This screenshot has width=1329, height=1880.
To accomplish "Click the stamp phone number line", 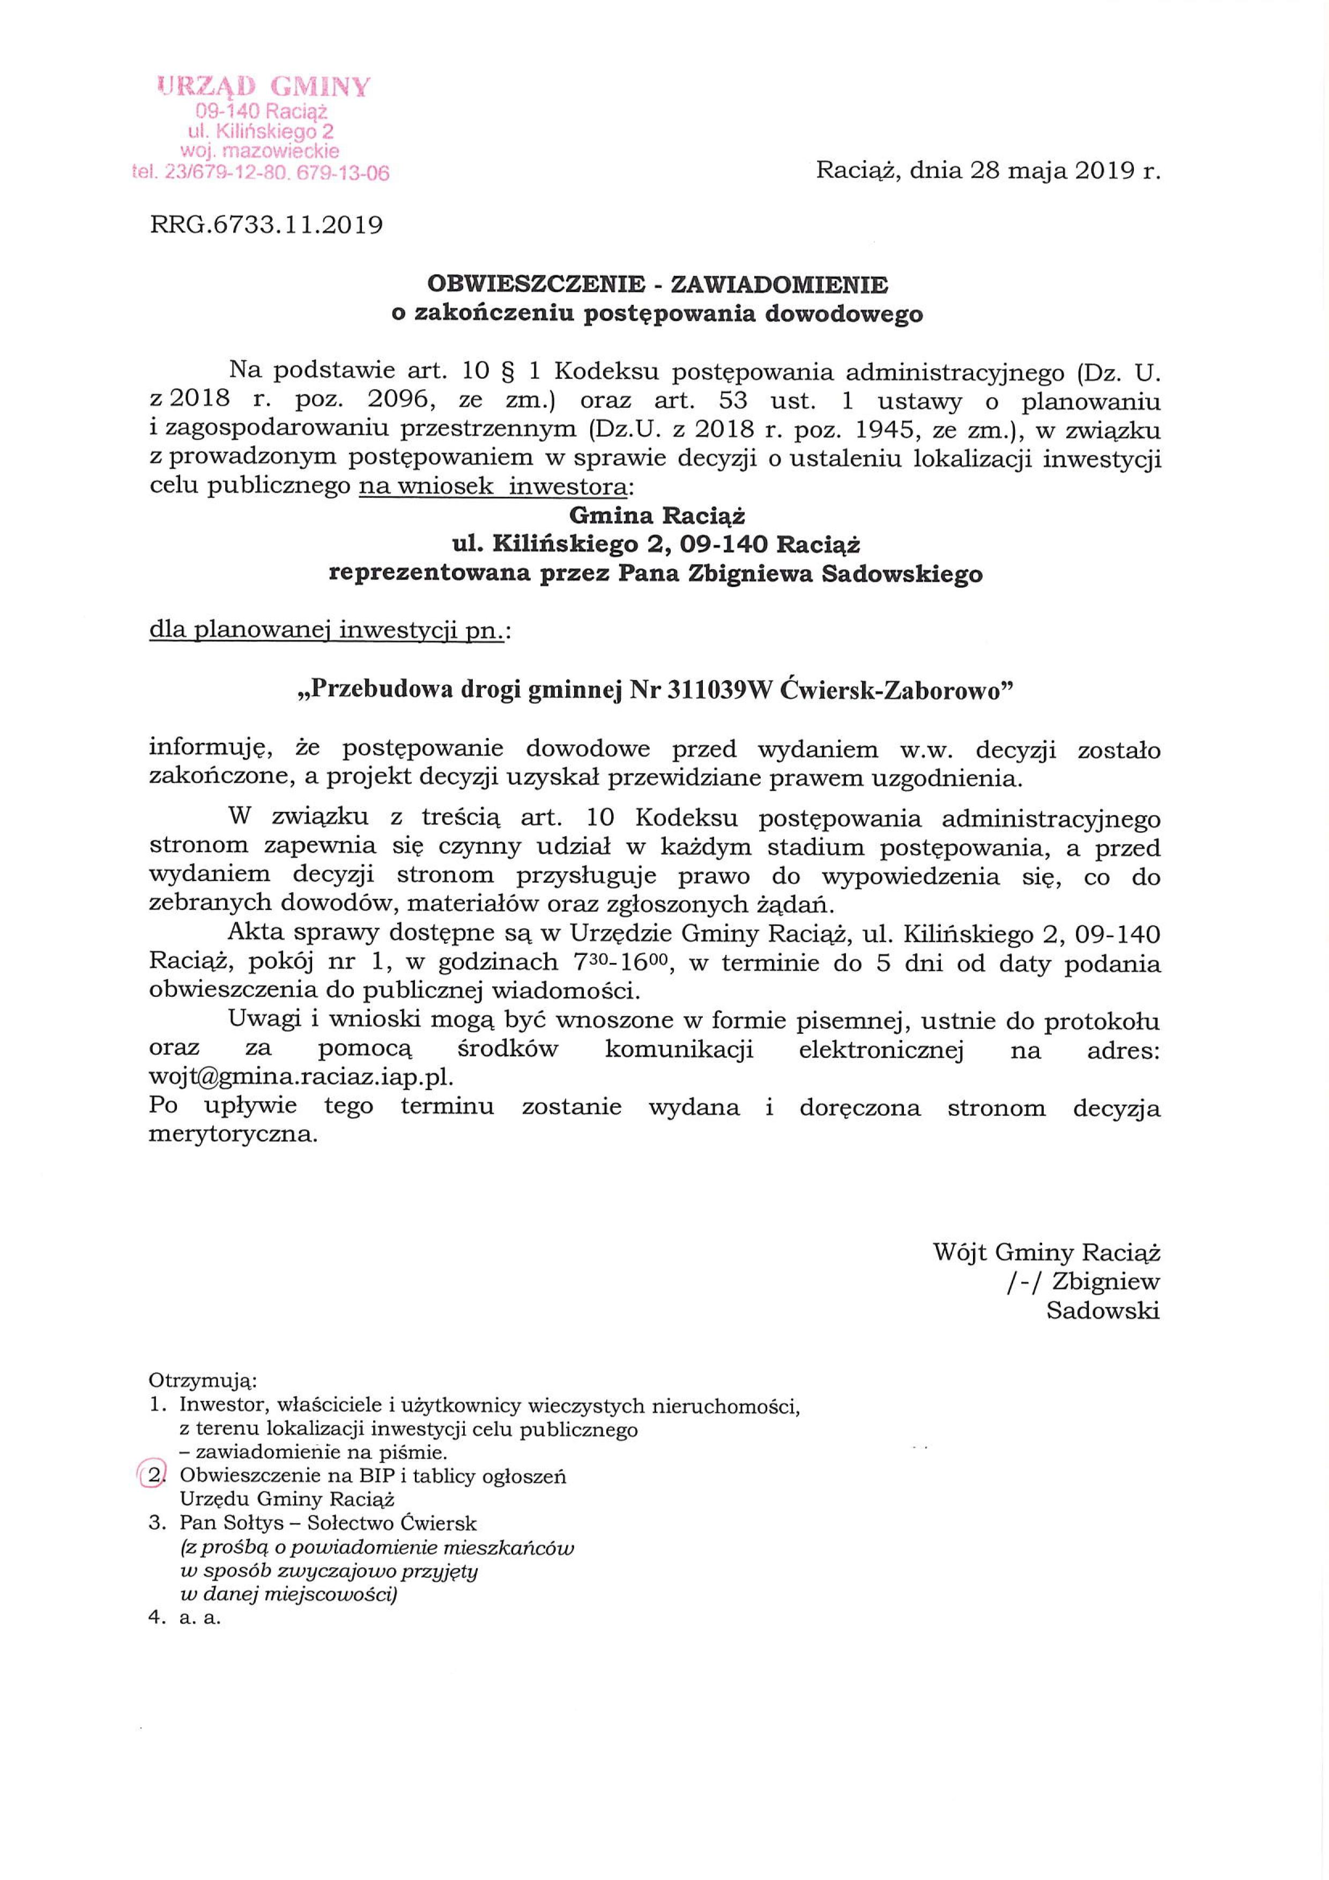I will pos(261,173).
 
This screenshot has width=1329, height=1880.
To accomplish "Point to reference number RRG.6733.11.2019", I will pos(266,225).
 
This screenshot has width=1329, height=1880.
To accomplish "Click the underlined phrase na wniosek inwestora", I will pos(494,487).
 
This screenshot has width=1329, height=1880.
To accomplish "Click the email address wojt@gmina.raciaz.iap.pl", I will pos(301,1078).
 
